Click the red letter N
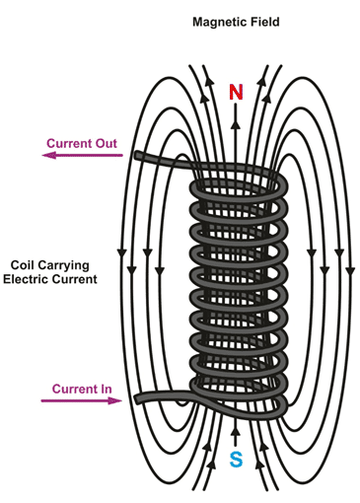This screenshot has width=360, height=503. [x=236, y=92]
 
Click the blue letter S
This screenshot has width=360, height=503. [x=236, y=460]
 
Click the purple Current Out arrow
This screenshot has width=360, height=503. [x=82, y=155]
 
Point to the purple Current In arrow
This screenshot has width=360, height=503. [x=82, y=400]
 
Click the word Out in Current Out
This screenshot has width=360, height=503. [x=107, y=143]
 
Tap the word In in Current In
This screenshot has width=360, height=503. [x=107, y=389]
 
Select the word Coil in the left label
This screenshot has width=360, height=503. [x=22, y=265]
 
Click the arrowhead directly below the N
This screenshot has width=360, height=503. [x=235, y=124]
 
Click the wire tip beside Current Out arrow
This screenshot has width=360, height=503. [x=137, y=155]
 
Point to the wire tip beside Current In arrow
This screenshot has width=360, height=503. [x=138, y=399]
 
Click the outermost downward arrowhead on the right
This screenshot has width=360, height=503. [x=351, y=271]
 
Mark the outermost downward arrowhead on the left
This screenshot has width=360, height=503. [x=122, y=253]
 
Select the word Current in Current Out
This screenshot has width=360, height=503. [x=69, y=143]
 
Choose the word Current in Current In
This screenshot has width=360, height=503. [x=75, y=389]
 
